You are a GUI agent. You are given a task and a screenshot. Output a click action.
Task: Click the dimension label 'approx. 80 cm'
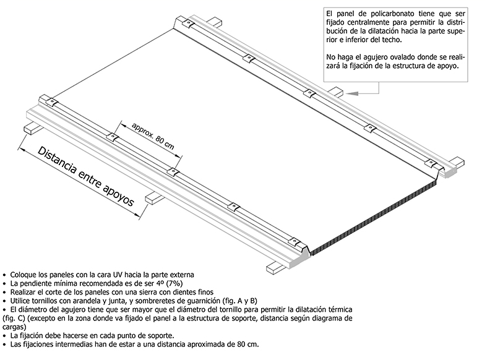(153, 135)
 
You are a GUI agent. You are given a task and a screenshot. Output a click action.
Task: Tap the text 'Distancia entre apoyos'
(86, 181)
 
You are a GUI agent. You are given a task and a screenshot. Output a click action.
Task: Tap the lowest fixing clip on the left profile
(295, 242)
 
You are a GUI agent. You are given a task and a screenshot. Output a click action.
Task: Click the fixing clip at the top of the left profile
(51, 101)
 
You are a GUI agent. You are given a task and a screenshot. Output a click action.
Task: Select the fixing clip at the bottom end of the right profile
(430, 163)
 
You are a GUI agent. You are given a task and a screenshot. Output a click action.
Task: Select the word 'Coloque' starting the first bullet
(22, 275)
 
